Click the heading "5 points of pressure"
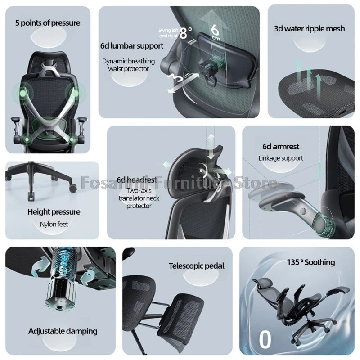47,22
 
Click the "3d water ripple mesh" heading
310,28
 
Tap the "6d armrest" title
281,146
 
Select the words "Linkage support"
281,158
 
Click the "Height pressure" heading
54,211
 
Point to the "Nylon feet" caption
54,223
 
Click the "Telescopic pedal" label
197,266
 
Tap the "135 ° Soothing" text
311,262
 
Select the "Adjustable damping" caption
63,331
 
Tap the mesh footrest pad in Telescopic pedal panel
181,315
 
